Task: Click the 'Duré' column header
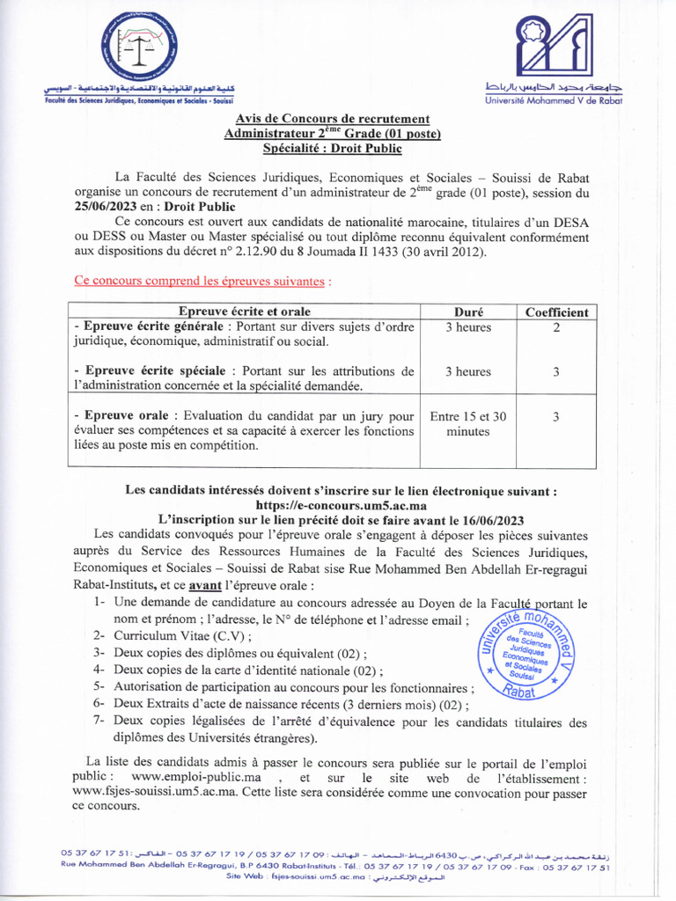467,312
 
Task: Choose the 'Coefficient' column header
556,312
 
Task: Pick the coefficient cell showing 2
556,328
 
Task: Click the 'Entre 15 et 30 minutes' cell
467,424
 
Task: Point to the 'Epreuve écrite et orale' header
245,312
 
